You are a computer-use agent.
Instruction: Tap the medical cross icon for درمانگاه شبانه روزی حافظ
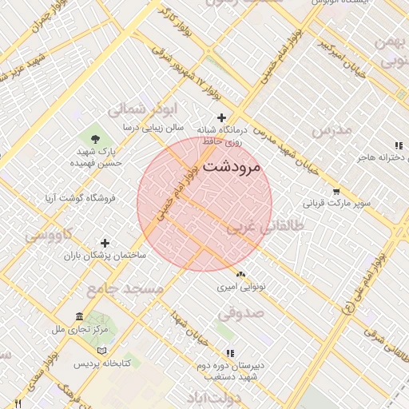point(222,118)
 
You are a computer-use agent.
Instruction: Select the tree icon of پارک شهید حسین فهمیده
point(97,138)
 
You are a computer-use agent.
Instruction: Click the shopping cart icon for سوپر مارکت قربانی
point(336,192)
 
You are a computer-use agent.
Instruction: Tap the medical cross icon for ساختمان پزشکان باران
point(105,243)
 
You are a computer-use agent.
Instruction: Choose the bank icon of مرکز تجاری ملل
point(79,316)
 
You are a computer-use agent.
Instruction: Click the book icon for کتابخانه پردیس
point(101,351)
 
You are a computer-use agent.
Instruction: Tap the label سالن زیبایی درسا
point(153,127)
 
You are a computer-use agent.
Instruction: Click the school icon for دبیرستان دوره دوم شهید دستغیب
point(231,352)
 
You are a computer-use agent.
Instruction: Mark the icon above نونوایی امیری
point(240,273)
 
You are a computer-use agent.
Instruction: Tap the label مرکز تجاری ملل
point(79,328)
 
